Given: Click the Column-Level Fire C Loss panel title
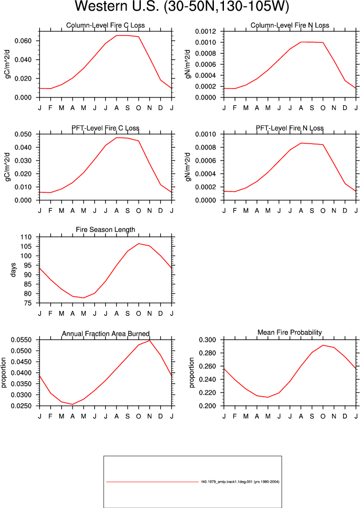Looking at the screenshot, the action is click(105, 25).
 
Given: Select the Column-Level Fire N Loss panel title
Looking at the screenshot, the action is click(290, 25).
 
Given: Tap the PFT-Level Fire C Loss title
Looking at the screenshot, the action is click(105, 128).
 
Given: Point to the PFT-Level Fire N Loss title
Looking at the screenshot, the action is click(290, 128).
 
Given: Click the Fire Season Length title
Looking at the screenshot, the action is click(105, 230).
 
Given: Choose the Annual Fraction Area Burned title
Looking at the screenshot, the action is click(105, 334).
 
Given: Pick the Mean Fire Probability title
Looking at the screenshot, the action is click(290, 333).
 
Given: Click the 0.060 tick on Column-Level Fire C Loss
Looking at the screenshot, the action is click(23, 41).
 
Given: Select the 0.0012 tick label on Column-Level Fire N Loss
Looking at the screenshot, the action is click(205, 31).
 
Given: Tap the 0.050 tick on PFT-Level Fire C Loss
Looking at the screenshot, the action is click(23, 134).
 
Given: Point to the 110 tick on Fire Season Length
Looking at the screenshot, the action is click(26, 237).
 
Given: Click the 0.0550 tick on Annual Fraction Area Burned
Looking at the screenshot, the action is click(21, 340).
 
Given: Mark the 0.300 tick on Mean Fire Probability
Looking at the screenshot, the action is click(207, 340).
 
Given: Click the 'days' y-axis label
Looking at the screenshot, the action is click(13, 270).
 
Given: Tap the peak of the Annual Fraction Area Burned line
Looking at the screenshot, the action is click(150, 341).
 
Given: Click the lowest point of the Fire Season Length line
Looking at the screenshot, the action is click(84, 298).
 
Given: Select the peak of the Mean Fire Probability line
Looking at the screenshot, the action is click(323, 345).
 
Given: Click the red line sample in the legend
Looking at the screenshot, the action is click(152, 482).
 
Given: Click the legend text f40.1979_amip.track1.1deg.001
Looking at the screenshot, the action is click(227, 482).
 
